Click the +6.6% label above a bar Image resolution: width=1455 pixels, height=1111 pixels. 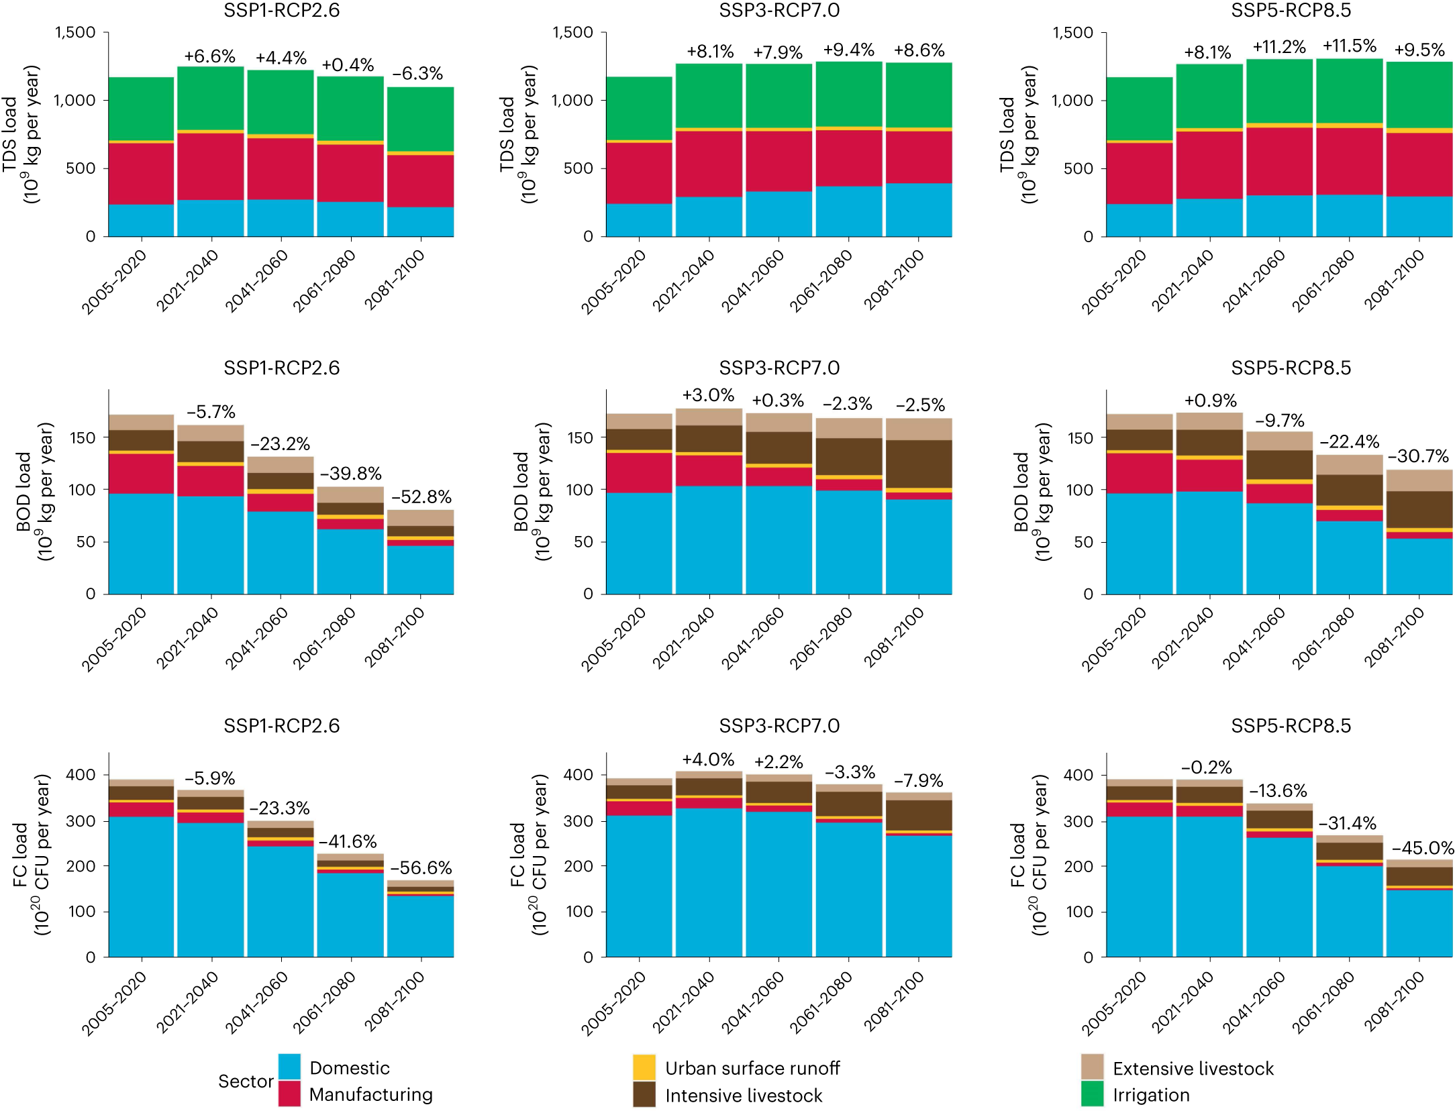click(209, 56)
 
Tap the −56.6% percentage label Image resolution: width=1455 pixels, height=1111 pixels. click(421, 867)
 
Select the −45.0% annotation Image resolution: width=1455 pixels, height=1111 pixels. click(1422, 848)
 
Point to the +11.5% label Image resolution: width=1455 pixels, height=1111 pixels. click(1349, 46)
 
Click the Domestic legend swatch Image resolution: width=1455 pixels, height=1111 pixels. click(289, 1066)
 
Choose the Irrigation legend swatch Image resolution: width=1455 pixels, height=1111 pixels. click(1092, 1094)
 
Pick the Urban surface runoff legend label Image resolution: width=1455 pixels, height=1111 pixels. click(752, 1068)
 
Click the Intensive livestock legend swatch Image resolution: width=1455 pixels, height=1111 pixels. click(644, 1094)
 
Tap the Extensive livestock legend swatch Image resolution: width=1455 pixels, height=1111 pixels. click(1092, 1067)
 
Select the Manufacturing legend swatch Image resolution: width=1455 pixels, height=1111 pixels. click(289, 1094)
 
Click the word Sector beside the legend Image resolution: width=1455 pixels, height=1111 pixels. click(246, 1081)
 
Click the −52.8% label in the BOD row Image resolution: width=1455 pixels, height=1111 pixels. click(421, 497)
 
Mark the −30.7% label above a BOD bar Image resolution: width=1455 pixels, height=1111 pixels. click(1418, 456)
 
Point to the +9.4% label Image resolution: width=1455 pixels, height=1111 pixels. click(848, 50)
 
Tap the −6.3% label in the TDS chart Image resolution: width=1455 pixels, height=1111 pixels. click(417, 74)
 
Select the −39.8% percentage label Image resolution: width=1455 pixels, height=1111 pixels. click(350, 474)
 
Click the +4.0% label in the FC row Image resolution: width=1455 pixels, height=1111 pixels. click(708, 759)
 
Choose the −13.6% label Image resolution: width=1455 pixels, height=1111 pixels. click(1278, 791)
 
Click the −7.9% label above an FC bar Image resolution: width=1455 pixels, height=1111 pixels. click(918, 781)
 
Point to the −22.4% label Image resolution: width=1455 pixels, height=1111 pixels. click(1349, 442)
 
